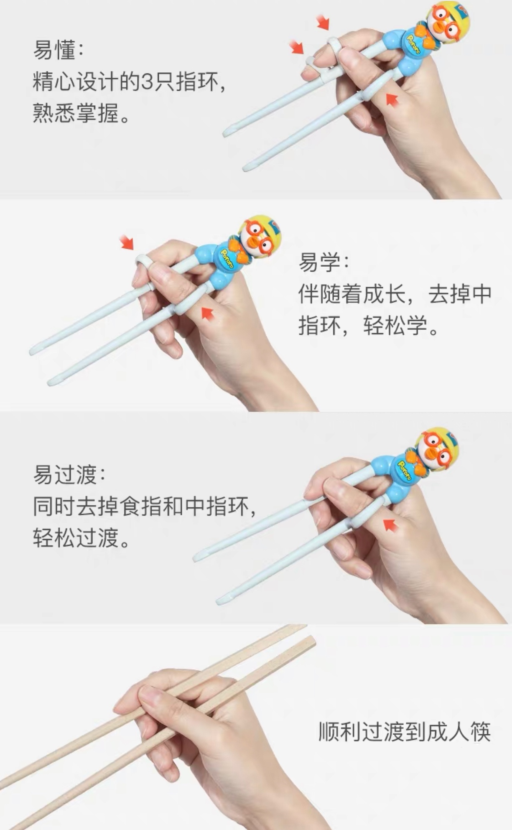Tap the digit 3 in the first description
coord(148,81)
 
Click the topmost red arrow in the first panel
coord(323,22)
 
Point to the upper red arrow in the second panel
coord(127,242)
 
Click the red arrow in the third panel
coord(390,524)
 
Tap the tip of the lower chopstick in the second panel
coord(52,382)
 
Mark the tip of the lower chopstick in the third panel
coord(221,601)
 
